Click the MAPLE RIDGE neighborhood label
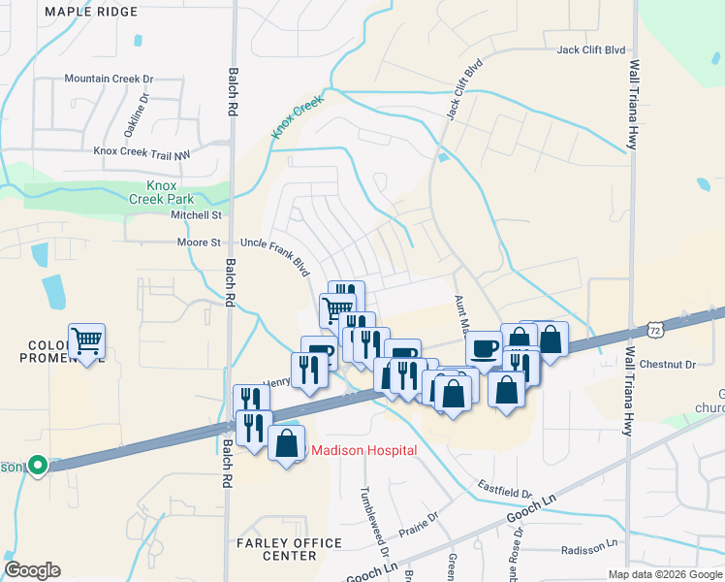(x=91, y=12)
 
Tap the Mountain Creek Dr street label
(x=109, y=79)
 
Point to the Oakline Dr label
(x=143, y=114)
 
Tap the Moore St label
(x=201, y=242)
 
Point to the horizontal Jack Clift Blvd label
(x=589, y=49)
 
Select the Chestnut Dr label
(x=669, y=365)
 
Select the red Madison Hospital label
(x=362, y=450)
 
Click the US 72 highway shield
(x=656, y=331)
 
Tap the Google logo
(x=32, y=570)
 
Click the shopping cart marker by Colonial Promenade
(x=87, y=341)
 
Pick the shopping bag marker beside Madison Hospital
(x=286, y=443)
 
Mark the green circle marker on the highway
(x=38, y=467)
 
